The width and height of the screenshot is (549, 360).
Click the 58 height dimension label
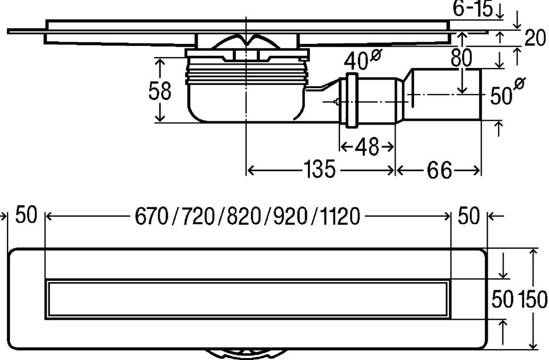tap(159, 91)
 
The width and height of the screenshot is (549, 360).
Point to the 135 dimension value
tap(319, 170)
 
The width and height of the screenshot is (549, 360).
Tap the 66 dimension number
tap(439, 171)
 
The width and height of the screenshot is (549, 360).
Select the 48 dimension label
tap(367, 147)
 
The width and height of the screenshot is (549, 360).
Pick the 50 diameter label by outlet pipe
tap(507, 93)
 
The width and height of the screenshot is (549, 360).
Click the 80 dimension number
tap(461, 58)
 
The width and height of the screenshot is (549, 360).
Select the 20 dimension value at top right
tap(535, 38)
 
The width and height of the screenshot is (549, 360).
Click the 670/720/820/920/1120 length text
tap(247, 216)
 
